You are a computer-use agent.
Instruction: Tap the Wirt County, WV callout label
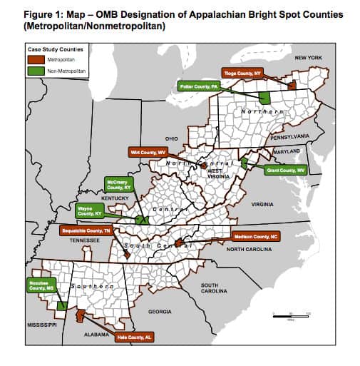click(x=148, y=152)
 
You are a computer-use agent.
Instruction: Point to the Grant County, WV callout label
click(x=285, y=171)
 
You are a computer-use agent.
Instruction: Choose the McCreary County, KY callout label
click(x=119, y=185)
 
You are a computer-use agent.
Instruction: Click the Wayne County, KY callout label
click(x=90, y=210)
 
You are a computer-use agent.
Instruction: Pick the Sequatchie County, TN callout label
click(x=84, y=231)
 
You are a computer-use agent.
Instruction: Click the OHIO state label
click(x=171, y=138)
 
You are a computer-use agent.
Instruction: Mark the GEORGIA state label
click(x=159, y=312)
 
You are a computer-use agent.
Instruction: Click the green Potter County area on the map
click(x=264, y=98)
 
